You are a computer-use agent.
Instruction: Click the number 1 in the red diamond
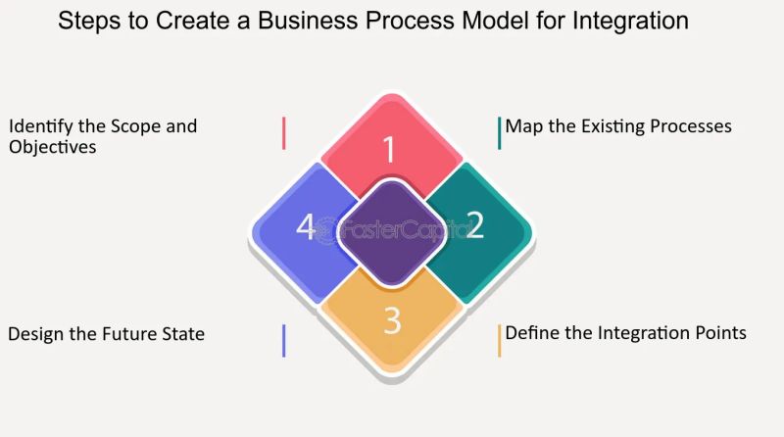point(389,150)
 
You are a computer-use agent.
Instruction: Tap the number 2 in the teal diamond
point(474,225)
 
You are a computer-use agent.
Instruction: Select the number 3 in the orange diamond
point(392,321)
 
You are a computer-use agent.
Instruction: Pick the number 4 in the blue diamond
point(306,228)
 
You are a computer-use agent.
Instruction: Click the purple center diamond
point(391,232)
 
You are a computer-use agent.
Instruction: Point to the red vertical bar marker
point(283,132)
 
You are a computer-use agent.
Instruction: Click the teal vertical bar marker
point(499,132)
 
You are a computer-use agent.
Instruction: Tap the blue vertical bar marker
point(283,340)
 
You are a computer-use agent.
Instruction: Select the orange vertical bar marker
point(499,340)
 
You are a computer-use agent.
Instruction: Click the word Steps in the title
point(87,21)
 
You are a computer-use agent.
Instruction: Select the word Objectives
point(52,147)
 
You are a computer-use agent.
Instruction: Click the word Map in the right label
point(524,126)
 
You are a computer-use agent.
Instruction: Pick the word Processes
point(685,126)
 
